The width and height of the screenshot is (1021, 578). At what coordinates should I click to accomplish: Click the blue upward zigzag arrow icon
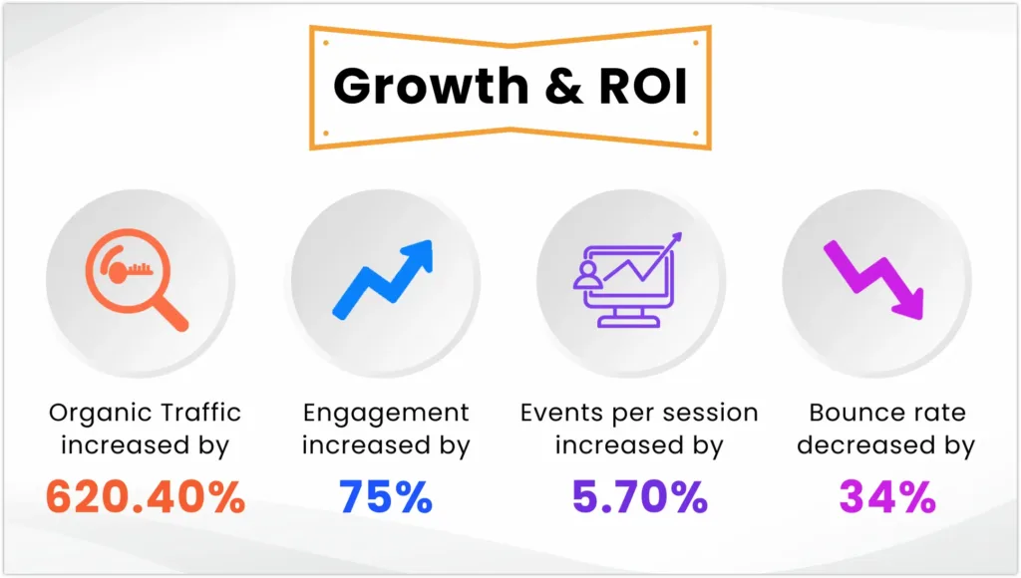point(384,277)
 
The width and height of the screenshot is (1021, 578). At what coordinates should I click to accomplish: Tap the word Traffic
point(198,413)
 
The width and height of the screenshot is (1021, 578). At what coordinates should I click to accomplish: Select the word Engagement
point(386,413)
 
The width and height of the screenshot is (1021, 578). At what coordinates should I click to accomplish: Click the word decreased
point(856,445)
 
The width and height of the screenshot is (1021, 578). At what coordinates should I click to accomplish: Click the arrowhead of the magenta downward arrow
point(907,303)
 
